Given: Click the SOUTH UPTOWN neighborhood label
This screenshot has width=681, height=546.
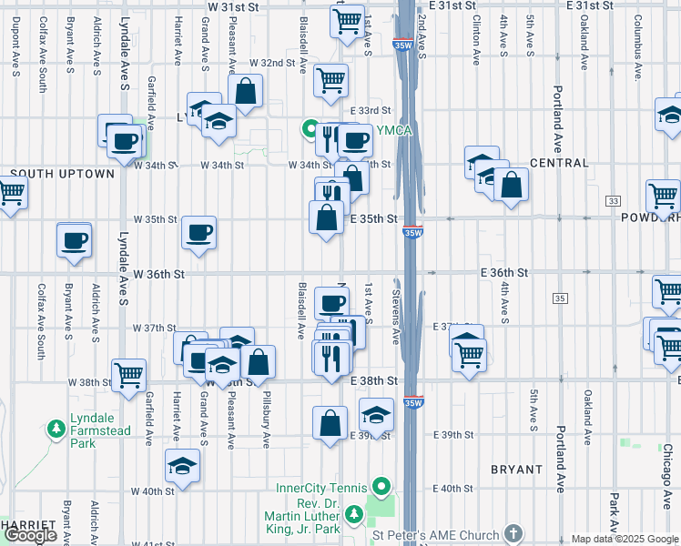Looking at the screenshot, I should [x=63, y=174].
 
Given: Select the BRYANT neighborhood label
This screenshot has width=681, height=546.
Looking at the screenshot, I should [x=516, y=470].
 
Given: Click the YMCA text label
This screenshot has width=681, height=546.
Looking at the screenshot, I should [x=397, y=131].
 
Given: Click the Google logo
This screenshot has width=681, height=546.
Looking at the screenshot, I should [x=31, y=535].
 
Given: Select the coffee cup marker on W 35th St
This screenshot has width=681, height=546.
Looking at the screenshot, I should [x=198, y=233].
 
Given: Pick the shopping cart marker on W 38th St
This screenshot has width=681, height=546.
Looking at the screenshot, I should [x=129, y=373].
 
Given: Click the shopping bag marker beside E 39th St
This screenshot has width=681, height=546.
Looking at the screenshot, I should [x=330, y=421].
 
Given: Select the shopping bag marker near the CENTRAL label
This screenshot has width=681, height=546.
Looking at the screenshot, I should [x=512, y=185].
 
